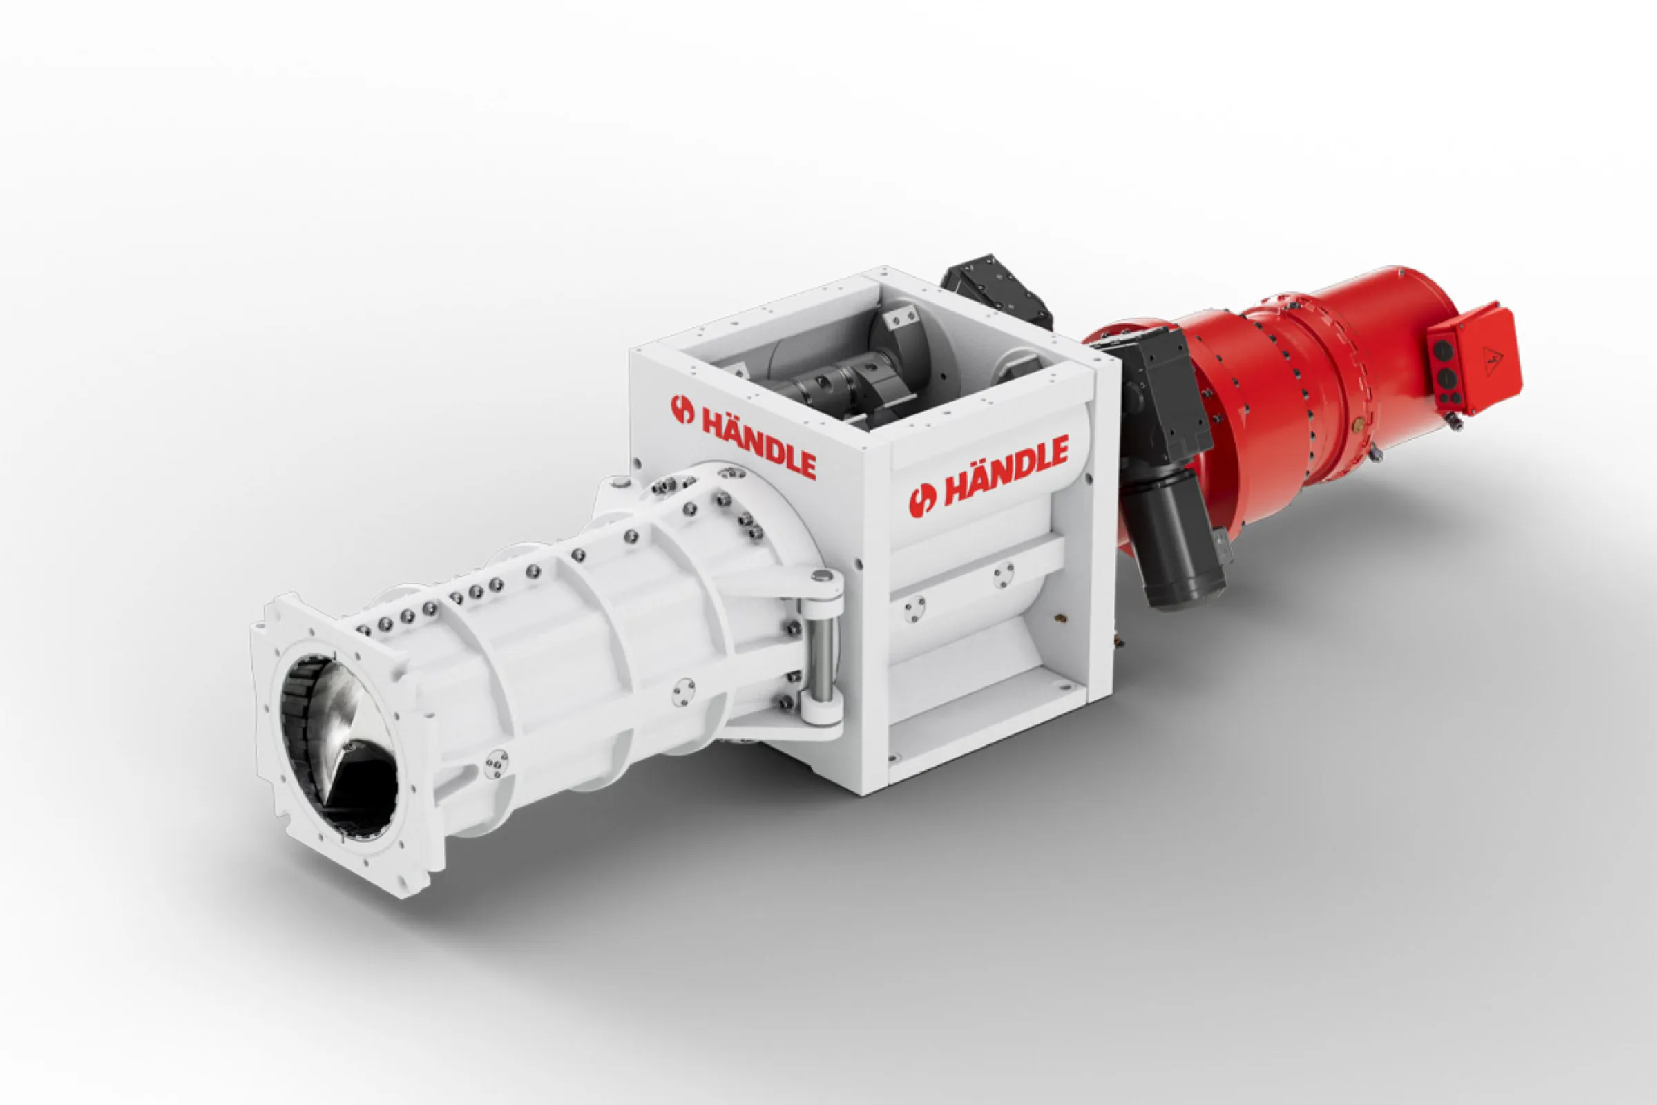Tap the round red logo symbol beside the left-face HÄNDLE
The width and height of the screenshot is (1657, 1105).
682,410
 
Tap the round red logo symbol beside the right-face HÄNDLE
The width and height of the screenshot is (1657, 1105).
923,499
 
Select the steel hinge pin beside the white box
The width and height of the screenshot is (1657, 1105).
821,649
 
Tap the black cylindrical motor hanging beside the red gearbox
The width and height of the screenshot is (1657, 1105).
1172,539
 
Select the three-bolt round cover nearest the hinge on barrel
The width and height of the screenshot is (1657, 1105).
682,692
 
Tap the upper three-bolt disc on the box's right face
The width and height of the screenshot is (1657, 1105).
1004,575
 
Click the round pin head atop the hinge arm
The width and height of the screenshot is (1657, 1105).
819,576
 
